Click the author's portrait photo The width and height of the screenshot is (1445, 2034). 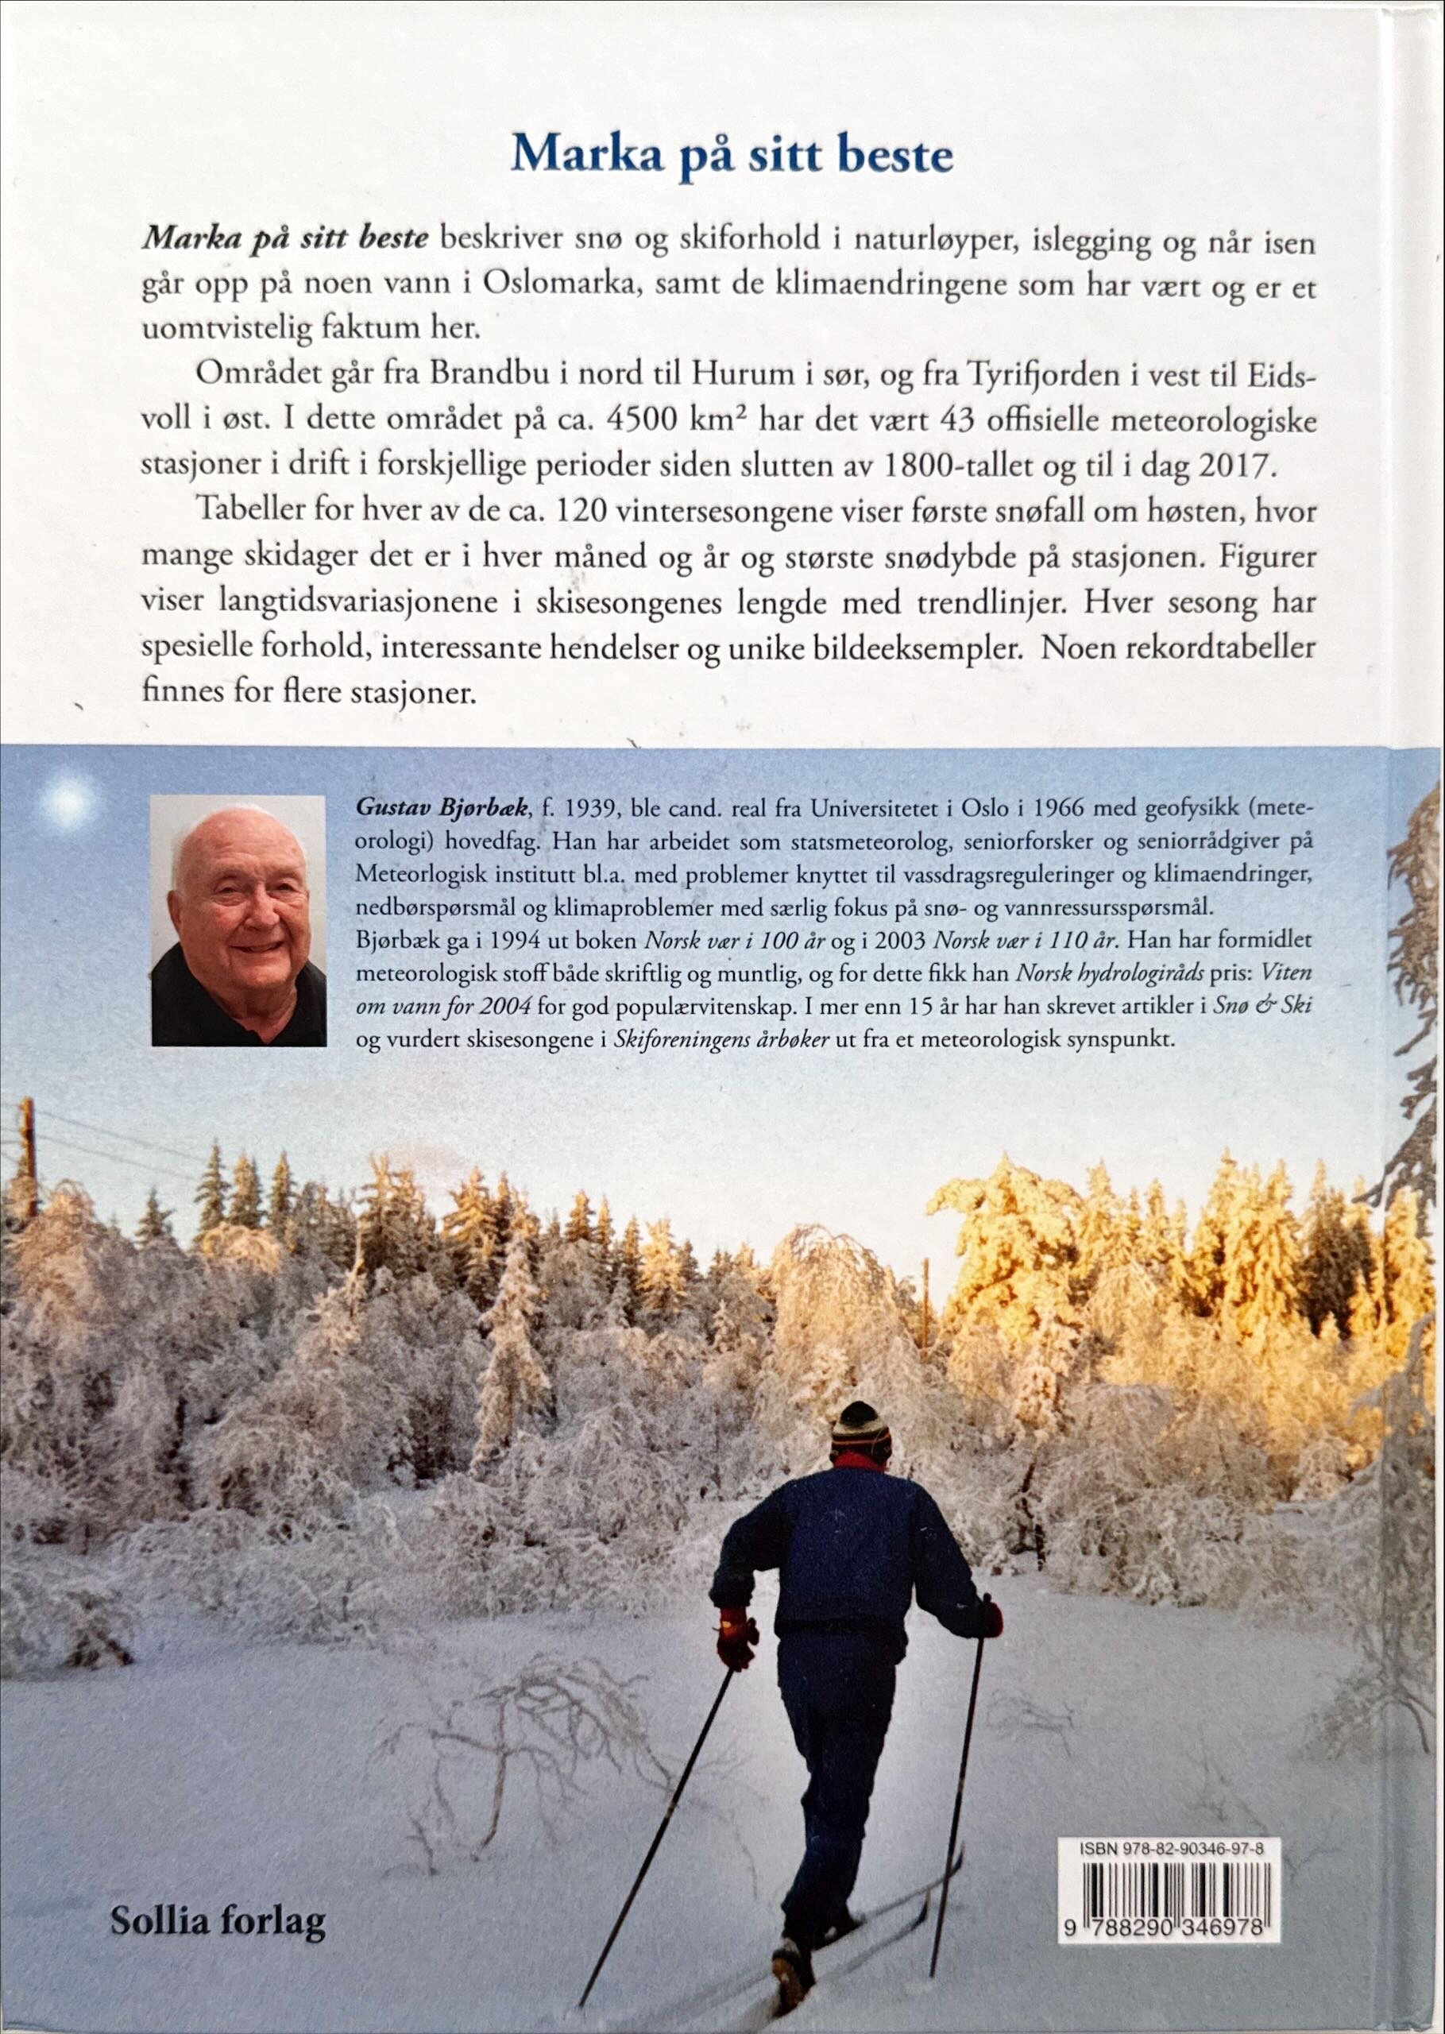pos(238,919)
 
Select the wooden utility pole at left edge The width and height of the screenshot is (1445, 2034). pos(27,1157)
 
